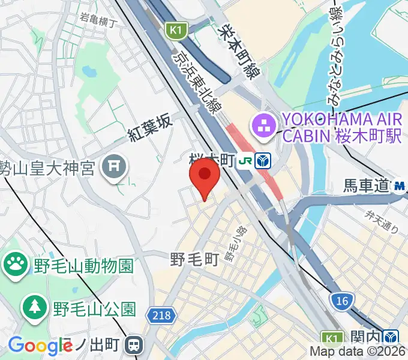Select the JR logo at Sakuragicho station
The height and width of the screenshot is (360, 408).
click(245, 161)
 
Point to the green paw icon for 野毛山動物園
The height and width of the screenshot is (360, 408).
click(14, 265)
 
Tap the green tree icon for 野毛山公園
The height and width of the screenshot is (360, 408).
click(34, 308)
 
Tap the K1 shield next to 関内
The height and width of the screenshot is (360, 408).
click(331, 338)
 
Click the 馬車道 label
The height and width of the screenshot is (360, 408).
click(367, 187)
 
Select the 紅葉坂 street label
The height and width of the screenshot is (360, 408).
click(151, 128)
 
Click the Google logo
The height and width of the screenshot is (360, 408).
click(40, 346)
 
